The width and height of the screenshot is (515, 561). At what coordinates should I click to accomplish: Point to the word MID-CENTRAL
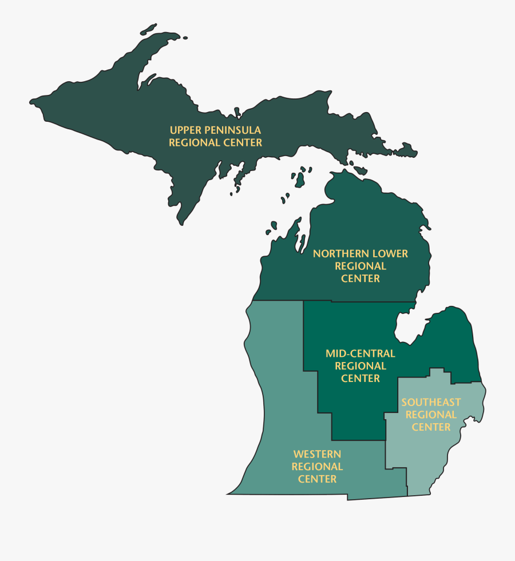pyautogui.click(x=360, y=353)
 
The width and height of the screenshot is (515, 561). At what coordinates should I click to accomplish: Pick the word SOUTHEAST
pyautogui.click(x=431, y=402)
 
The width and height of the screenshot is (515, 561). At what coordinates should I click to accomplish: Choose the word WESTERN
pyautogui.click(x=317, y=454)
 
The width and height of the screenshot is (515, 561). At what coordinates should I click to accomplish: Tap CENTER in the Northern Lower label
pyautogui.click(x=360, y=278)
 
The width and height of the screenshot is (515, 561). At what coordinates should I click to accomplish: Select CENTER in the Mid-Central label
pyautogui.click(x=360, y=378)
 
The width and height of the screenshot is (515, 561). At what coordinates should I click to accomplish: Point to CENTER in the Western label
pyautogui.click(x=317, y=479)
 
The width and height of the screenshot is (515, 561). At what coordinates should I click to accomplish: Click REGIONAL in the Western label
pyautogui.click(x=317, y=467)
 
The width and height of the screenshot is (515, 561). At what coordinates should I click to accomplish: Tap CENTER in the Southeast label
pyautogui.click(x=431, y=427)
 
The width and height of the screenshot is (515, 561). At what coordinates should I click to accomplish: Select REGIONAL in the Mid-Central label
pyautogui.click(x=360, y=366)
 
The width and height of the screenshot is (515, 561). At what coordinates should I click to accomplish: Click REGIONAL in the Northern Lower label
pyautogui.click(x=360, y=266)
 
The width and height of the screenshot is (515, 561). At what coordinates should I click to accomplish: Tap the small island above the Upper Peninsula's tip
pyautogui.click(x=148, y=28)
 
